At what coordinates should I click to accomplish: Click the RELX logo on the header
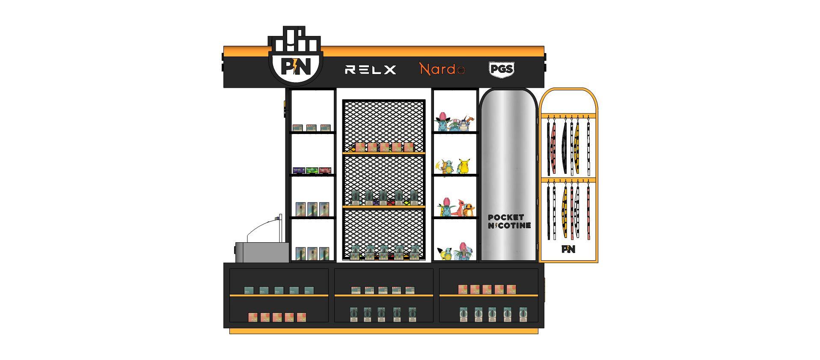coord(370,69)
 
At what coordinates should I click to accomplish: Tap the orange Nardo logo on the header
coord(442,69)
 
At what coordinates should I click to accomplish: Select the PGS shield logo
coord(501,69)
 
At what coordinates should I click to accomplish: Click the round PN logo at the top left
coord(295,66)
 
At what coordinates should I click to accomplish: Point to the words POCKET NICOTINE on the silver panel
coord(509,221)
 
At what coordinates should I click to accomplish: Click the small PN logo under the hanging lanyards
coord(568,249)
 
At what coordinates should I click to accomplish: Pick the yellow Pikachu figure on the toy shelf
coord(463,166)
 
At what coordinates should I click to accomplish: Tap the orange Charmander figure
coord(469,209)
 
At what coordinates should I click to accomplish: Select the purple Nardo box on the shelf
coord(299,170)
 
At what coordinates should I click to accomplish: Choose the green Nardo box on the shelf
coord(312,170)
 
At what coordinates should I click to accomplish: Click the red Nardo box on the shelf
coord(325,170)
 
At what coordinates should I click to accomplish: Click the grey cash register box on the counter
coord(262,253)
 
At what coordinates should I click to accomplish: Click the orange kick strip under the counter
coord(383,331)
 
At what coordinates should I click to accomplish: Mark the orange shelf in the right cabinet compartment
coord(488,295)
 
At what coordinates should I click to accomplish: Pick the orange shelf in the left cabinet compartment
coord(279,295)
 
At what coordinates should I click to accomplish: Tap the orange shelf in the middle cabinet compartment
coord(383,295)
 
